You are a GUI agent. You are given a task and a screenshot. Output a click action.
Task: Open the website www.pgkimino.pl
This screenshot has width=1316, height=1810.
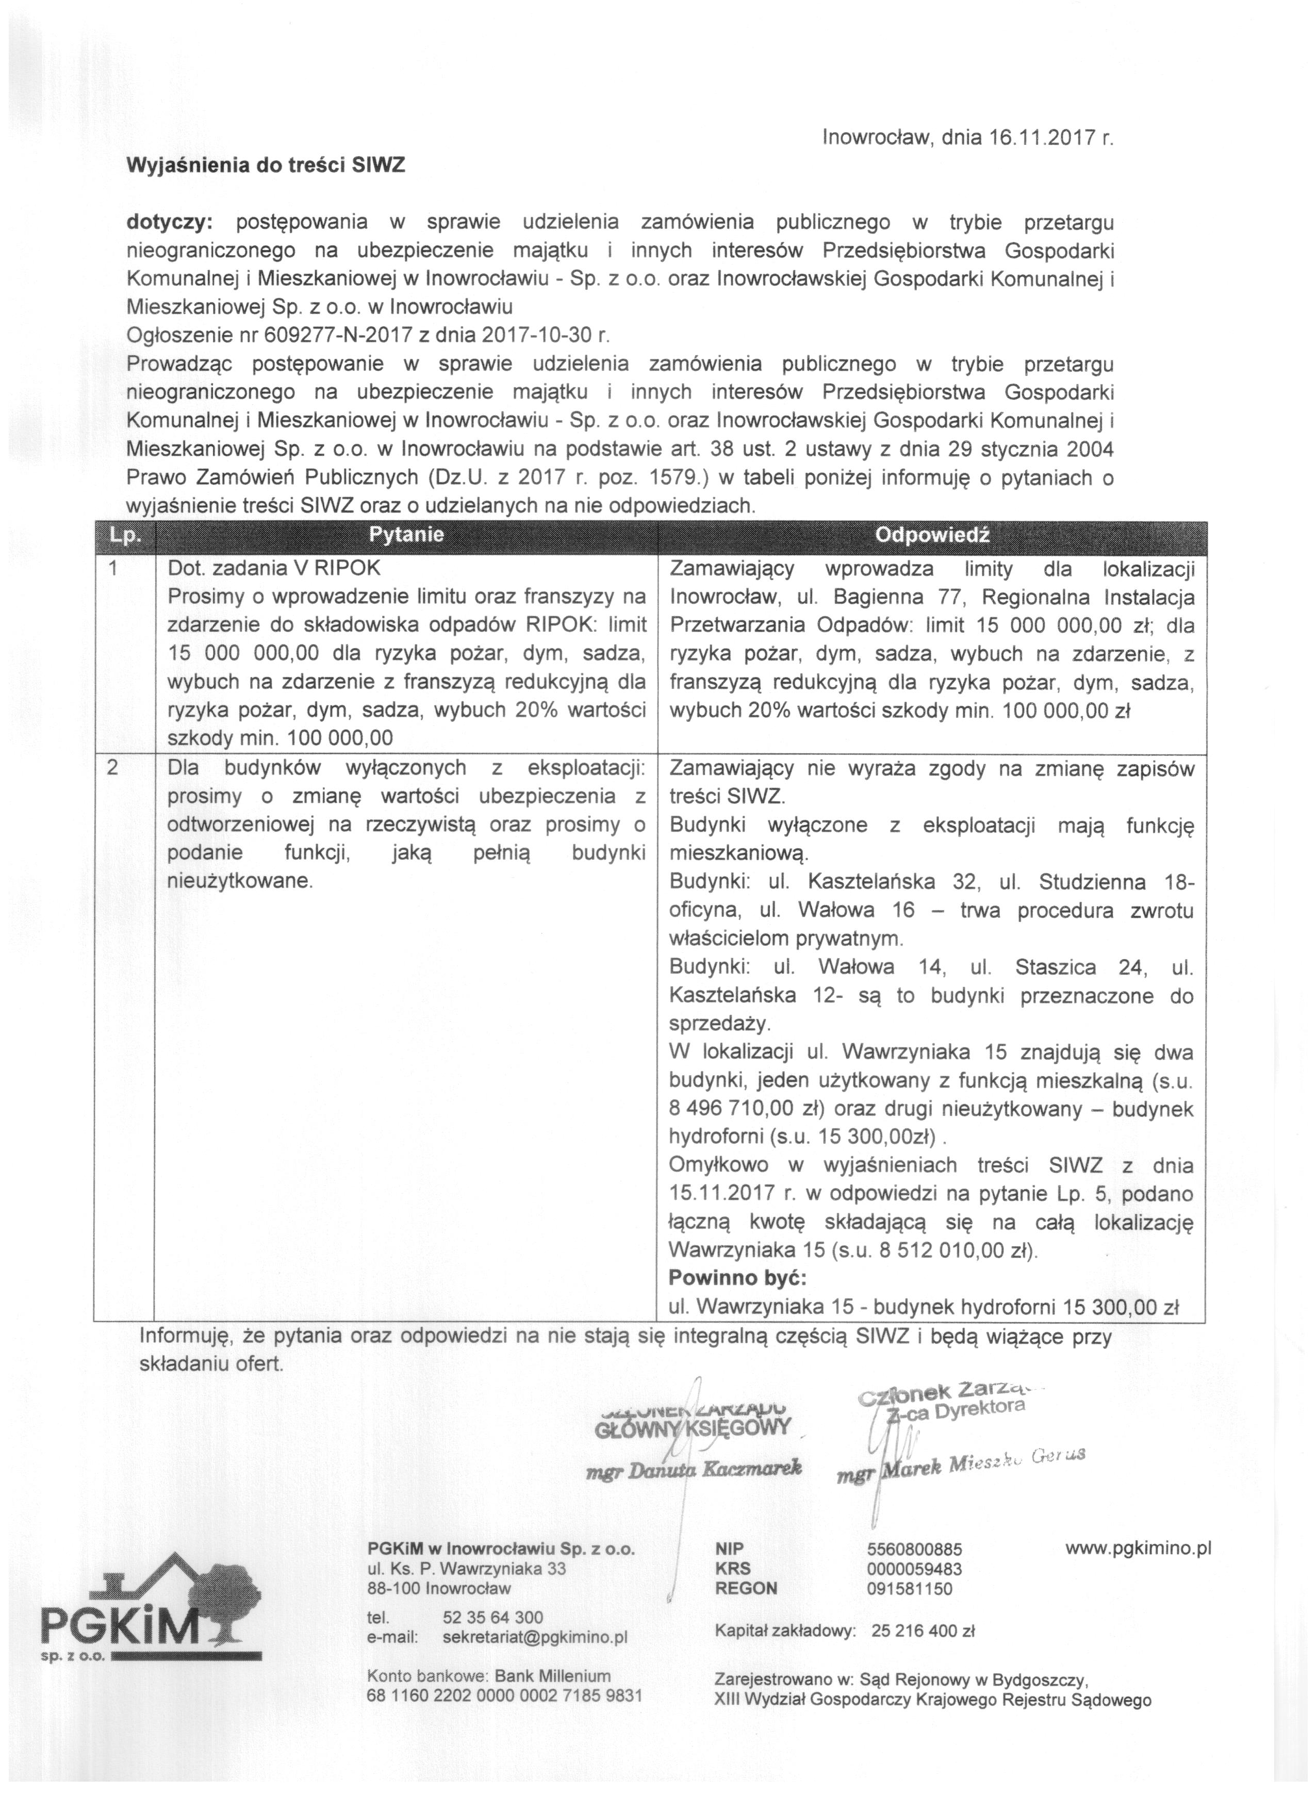(x=1138, y=1548)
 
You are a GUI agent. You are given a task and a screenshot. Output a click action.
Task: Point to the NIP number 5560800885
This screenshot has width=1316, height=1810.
(x=914, y=1550)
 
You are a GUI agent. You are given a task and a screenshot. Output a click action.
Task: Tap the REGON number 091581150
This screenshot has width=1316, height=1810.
(x=909, y=1588)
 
